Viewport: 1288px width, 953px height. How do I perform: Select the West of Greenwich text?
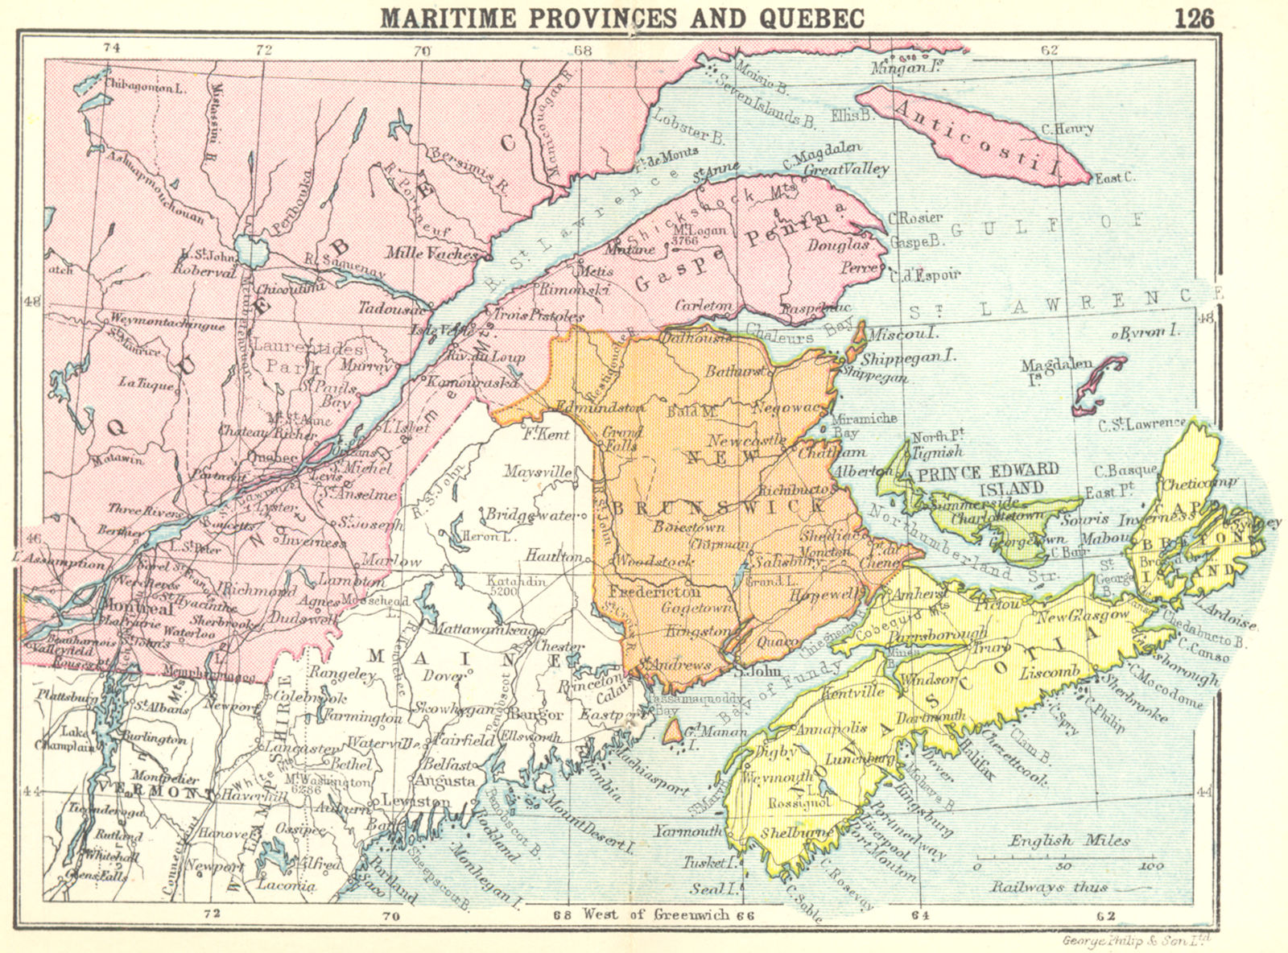(x=658, y=914)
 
